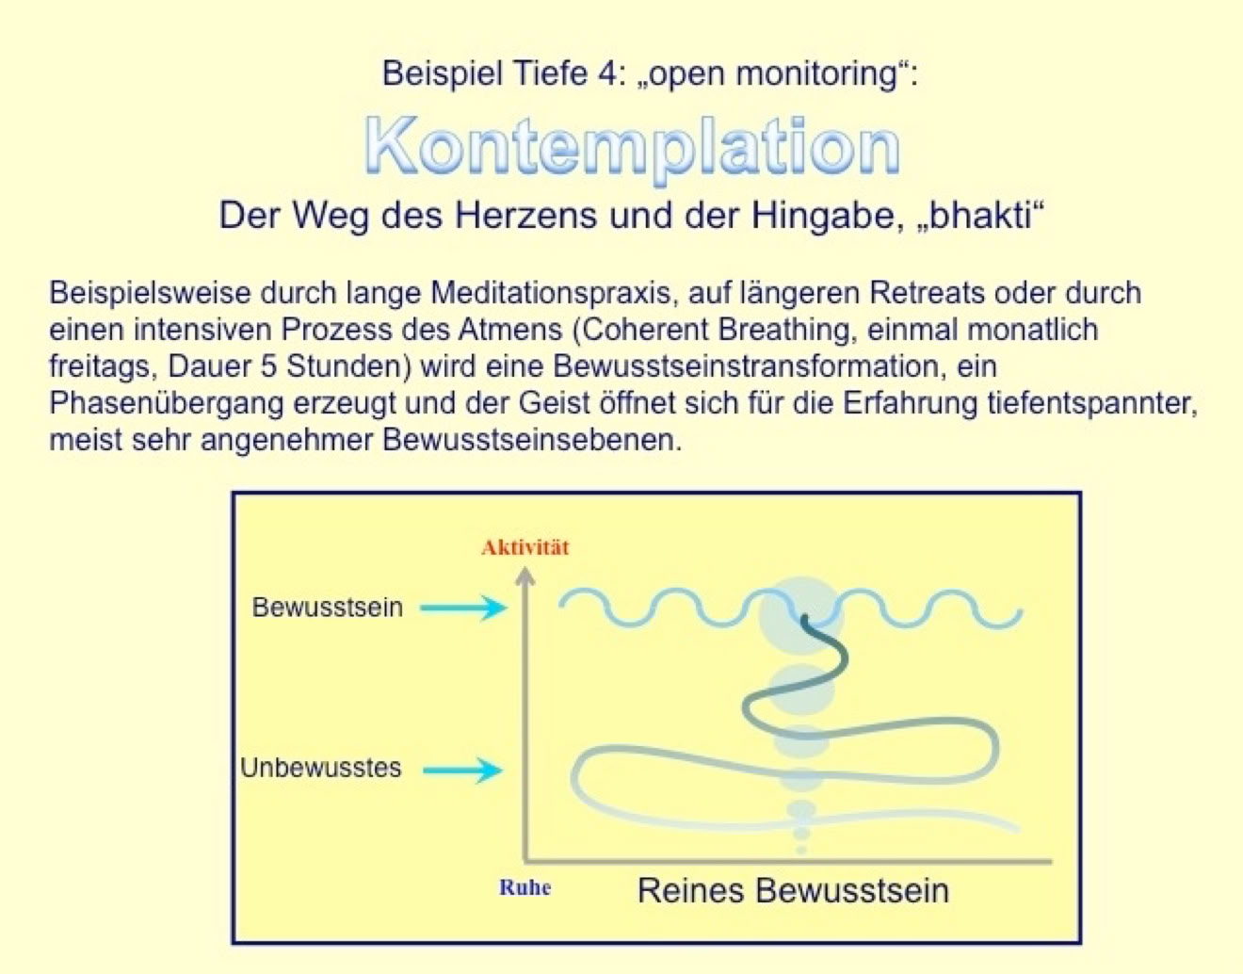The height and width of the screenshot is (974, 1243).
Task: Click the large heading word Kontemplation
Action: [632, 148]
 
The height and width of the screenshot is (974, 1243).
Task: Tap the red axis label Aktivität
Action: [525, 548]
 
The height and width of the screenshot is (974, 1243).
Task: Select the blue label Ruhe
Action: [525, 887]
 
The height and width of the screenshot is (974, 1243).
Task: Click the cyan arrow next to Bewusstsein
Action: [463, 608]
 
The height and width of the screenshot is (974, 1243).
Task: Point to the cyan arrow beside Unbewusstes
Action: [462, 771]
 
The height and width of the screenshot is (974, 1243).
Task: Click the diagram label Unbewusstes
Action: [320, 768]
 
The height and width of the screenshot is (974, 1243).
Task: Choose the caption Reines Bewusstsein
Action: [794, 891]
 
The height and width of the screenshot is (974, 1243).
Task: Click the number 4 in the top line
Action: [608, 73]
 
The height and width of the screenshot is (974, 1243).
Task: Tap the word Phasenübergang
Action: [167, 404]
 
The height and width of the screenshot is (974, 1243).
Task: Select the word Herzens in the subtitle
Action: [525, 217]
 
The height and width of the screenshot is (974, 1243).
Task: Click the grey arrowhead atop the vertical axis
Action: [525, 575]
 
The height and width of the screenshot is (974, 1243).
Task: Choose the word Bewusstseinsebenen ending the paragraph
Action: [532, 440]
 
